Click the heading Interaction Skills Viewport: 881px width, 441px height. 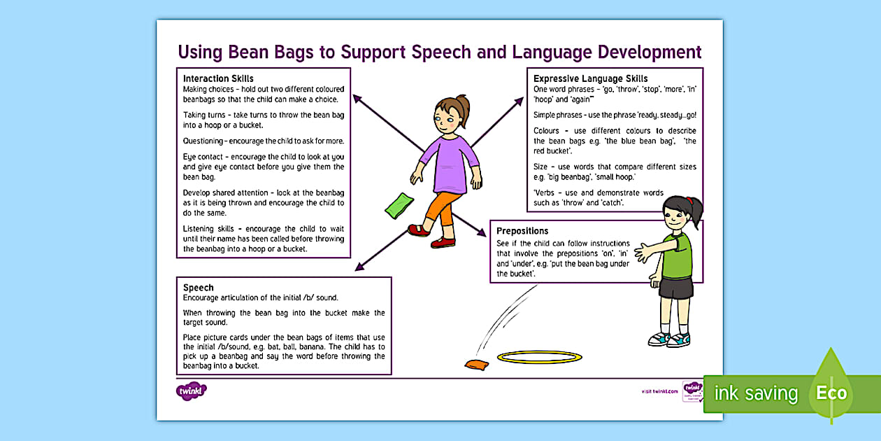coord(218,78)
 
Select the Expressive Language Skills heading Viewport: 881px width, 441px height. coord(590,78)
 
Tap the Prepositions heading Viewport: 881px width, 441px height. coord(522,231)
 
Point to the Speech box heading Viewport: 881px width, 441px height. coord(199,288)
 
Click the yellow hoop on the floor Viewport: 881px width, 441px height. coord(539,358)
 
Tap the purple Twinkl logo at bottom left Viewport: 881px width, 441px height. coord(191,391)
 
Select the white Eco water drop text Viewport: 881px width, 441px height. coord(831,393)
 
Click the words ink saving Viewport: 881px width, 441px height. coord(755,393)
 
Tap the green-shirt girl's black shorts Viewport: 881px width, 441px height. coord(676,288)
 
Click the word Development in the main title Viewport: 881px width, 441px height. coord(643,52)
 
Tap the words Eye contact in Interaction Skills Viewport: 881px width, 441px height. coord(203,156)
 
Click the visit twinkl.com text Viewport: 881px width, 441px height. coord(659,391)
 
